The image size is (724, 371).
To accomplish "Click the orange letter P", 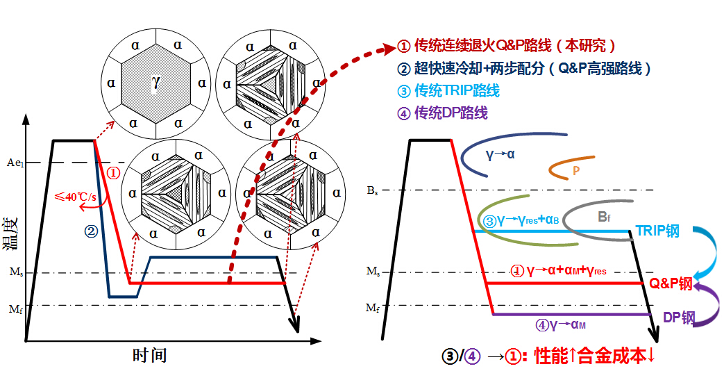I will point(576,169).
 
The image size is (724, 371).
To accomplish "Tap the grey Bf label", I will point(605,216).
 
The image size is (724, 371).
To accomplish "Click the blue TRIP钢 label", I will point(657,231).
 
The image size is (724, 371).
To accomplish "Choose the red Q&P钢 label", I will point(671,283).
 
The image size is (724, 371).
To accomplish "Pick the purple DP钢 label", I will point(678,318).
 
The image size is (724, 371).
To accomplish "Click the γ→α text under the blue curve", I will point(500,154).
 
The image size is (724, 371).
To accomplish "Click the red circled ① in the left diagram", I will point(115,172).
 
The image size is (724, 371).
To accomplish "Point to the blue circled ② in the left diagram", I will point(90,231).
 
